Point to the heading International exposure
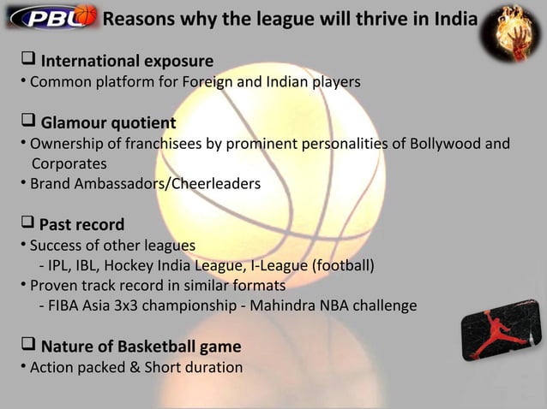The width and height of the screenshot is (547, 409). click(x=127, y=62)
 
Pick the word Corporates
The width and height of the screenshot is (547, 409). click(x=69, y=163)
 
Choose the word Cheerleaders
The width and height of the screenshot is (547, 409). click(x=217, y=183)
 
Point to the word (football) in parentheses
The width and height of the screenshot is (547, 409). click(x=342, y=265)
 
